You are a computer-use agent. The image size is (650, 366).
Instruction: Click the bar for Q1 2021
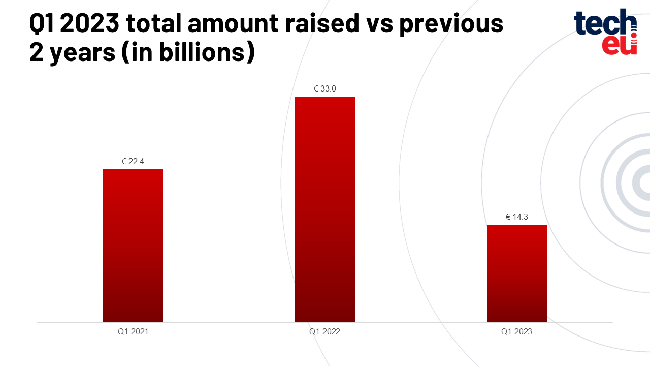[x=133, y=246]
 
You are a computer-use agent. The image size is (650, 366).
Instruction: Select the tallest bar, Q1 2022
[x=325, y=209]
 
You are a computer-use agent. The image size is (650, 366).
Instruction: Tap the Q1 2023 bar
[x=517, y=273]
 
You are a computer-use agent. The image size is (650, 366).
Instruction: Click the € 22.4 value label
[x=133, y=162]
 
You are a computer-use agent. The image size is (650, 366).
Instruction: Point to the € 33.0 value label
[x=325, y=89]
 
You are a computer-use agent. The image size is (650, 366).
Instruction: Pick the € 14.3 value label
[x=517, y=217]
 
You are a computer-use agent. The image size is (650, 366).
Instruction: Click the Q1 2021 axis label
[x=133, y=332]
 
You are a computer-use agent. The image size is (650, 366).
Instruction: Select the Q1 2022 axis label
[x=325, y=332]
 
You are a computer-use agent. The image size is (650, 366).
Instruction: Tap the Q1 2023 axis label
[x=517, y=332]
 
